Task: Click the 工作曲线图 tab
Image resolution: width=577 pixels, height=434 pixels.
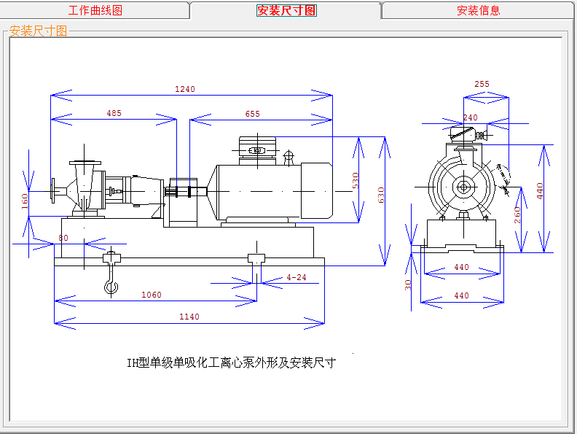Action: click(x=95, y=11)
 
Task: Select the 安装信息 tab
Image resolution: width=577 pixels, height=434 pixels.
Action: click(x=478, y=11)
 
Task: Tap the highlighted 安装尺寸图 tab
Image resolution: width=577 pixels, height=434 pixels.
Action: click(x=286, y=11)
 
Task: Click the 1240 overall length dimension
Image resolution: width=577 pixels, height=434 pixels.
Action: click(x=185, y=89)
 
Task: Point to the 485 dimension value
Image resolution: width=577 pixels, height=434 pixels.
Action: click(x=114, y=113)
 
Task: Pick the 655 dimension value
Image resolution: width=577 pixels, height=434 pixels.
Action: click(x=252, y=114)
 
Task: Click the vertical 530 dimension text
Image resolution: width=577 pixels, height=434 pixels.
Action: click(x=356, y=179)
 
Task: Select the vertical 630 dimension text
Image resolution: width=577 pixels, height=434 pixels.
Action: click(x=380, y=195)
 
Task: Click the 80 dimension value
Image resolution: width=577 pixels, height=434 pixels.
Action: click(x=63, y=238)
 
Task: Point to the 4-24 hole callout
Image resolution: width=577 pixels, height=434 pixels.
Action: click(x=297, y=277)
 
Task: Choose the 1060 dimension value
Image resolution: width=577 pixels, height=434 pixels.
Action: click(x=151, y=295)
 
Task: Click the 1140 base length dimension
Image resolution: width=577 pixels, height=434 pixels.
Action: click(x=189, y=317)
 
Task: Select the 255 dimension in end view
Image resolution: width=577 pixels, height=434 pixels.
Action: click(x=482, y=84)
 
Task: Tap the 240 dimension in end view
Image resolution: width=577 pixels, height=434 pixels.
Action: click(x=471, y=117)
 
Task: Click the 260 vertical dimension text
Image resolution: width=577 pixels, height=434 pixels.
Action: click(x=517, y=216)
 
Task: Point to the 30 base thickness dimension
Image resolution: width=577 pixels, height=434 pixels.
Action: click(x=409, y=285)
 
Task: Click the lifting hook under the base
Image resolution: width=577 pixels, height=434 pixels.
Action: click(x=111, y=285)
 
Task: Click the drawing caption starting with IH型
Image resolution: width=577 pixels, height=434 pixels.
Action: click(x=231, y=363)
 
